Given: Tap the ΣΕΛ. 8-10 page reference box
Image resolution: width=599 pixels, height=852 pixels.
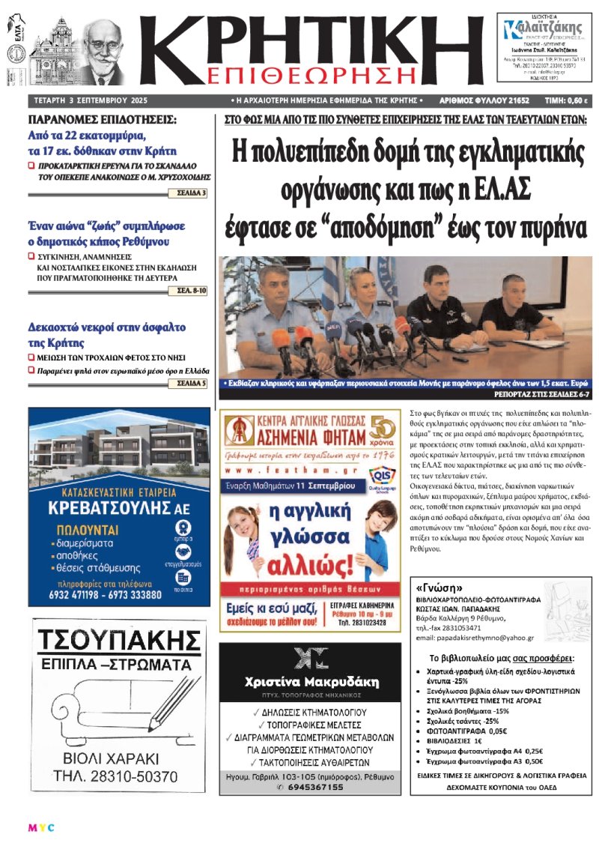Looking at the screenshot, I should tap(191, 289).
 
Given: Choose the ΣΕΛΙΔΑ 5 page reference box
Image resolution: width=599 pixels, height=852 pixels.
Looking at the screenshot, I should tap(190, 384).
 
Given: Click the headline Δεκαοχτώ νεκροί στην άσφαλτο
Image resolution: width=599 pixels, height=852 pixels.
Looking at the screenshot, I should tap(107, 328).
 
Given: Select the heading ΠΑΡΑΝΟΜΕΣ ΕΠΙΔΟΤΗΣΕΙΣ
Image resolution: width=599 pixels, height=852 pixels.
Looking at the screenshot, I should tap(102, 120).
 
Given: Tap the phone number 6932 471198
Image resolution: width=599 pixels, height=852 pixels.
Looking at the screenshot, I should tap(79, 594).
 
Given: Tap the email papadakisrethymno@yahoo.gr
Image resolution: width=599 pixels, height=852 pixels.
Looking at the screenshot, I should tap(474, 638).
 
